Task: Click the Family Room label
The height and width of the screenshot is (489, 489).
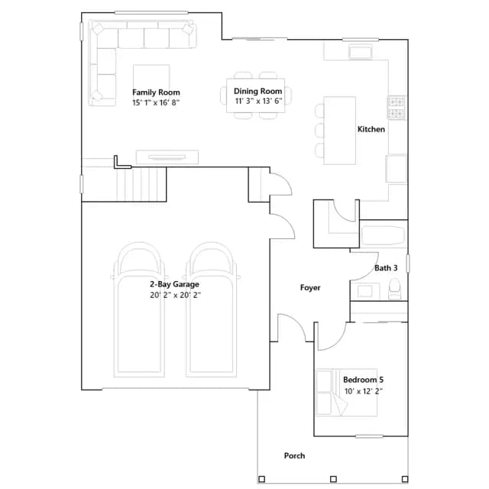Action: [156, 92]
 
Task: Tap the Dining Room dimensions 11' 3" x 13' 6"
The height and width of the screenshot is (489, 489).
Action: [258, 101]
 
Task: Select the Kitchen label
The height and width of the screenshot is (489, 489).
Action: [371, 129]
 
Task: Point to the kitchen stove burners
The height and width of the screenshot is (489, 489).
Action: [397, 107]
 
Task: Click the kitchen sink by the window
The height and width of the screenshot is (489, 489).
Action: [361, 51]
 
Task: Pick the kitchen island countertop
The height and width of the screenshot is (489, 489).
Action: [339, 131]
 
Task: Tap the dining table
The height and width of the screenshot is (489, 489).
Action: [256, 96]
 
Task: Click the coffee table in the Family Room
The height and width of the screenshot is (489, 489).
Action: [151, 78]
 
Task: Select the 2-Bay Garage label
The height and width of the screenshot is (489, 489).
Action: [175, 284]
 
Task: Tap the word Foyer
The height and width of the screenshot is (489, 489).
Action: [310, 287]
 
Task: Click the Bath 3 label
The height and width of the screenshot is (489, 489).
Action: [386, 268]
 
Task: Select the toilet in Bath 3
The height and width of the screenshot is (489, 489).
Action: [395, 289]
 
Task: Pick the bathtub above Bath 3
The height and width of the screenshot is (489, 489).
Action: [384, 235]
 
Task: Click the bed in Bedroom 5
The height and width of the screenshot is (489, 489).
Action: [346, 392]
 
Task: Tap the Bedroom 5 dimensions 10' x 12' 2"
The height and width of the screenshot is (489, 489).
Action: [364, 391]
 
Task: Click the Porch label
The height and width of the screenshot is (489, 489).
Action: [294, 456]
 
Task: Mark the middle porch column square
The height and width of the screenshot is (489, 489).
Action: [333, 479]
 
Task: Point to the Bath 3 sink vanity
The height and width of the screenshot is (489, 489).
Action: [365, 291]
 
